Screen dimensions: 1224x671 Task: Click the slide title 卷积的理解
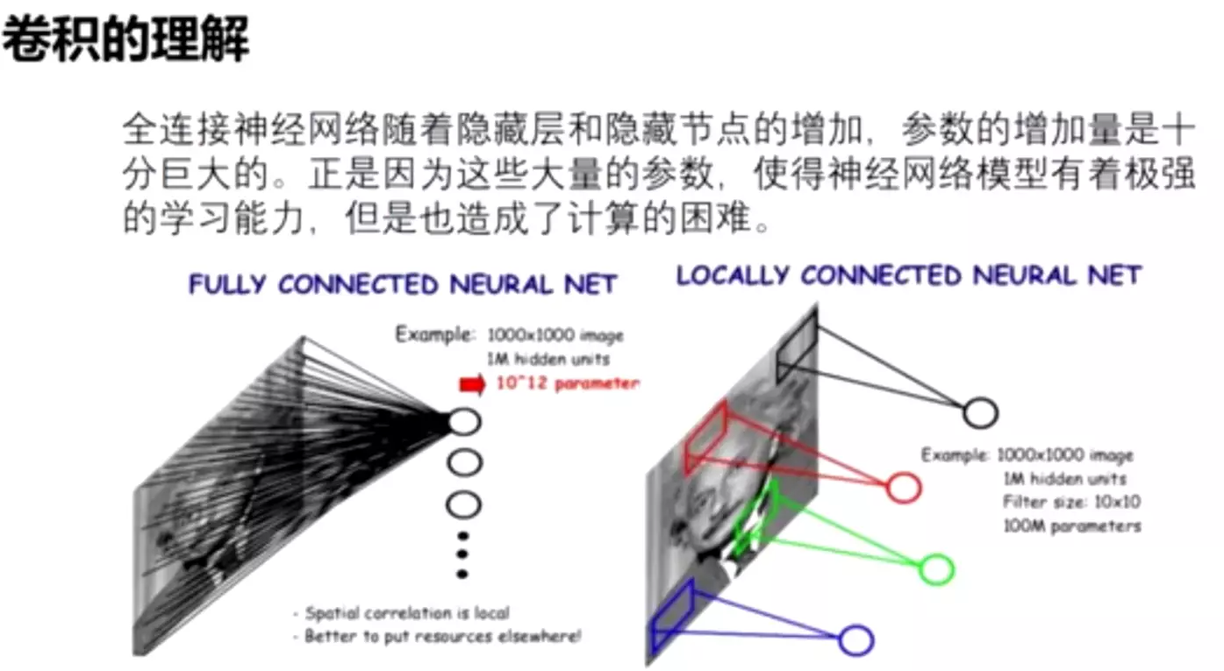click(x=125, y=39)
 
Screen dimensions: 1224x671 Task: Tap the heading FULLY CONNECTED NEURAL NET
click(x=403, y=284)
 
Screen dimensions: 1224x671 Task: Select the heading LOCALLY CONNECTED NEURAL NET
click(x=908, y=275)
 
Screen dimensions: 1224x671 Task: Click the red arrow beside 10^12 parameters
click(x=471, y=384)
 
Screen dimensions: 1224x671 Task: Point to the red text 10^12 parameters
click(x=567, y=383)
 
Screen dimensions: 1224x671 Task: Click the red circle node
click(x=903, y=487)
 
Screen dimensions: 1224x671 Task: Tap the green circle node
click(x=936, y=569)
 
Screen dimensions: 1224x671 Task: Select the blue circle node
click(x=855, y=640)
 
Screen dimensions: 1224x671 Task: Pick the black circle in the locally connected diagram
click(x=980, y=412)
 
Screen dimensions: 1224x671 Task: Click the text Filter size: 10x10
click(x=1071, y=503)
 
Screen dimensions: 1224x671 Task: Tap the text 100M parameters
click(x=1072, y=526)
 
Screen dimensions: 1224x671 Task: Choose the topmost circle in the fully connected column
click(x=464, y=422)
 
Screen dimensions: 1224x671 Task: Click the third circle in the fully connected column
click(x=464, y=504)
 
